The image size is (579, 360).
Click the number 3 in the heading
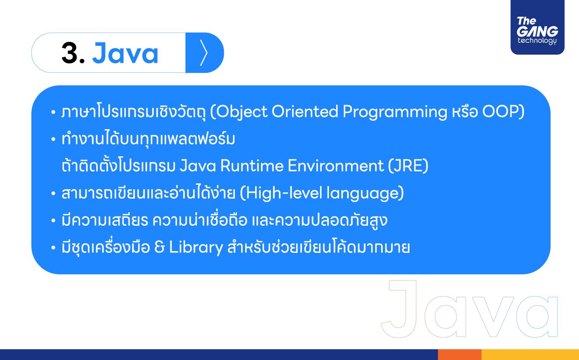click(x=70, y=53)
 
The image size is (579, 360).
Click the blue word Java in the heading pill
click(x=125, y=53)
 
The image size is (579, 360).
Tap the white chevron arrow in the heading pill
click(x=204, y=53)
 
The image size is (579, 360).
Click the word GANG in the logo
click(x=537, y=31)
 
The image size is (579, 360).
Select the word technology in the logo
click(x=537, y=41)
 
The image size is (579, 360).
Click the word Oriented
click(x=305, y=111)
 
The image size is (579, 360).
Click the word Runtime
click(x=252, y=166)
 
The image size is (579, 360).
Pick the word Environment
click(x=336, y=166)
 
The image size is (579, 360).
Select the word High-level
click(x=284, y=193)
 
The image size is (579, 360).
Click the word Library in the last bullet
click(x=196, y=247)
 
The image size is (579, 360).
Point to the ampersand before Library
click(x=159, y=247)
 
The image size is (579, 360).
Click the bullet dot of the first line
click(x=53, y=112)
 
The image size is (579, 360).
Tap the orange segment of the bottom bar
click(x=459, y=354)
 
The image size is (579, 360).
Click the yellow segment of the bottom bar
click(x=530, y=354)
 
